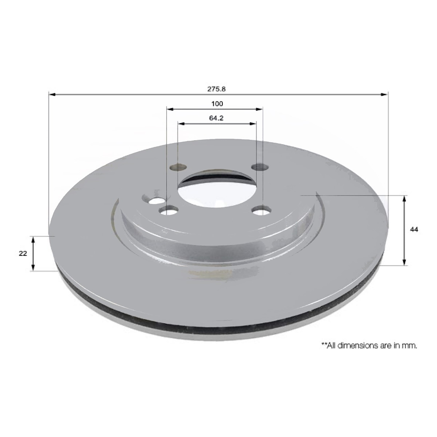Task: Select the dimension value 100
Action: point(217,103)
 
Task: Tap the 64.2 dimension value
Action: point(217,118)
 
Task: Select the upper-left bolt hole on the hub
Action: point(178,167)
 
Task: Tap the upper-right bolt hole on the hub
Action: point(260,167)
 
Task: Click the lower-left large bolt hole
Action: point(168,211)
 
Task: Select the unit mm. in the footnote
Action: point(410,345)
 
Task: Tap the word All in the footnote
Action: point(332,345)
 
